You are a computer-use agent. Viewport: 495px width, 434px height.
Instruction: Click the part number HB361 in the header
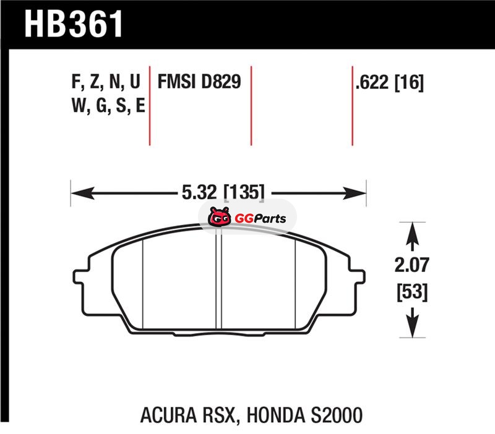tap(73, 24)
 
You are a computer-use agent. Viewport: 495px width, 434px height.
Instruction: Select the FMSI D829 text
tap(199, 82)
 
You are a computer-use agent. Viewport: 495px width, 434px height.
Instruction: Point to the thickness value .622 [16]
tap(389, 83)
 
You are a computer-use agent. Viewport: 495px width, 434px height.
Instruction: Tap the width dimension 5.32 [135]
tap(223, 192)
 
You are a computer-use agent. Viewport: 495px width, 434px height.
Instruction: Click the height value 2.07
tap(412, 265)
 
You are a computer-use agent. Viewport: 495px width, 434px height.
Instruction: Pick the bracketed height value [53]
tap(412, 292)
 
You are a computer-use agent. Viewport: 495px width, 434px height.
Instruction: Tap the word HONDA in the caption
tap(275, 415)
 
